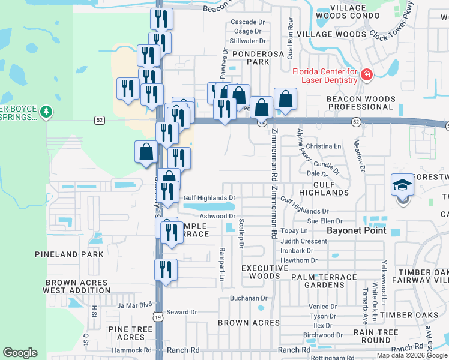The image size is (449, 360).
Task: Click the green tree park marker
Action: coord(46,112)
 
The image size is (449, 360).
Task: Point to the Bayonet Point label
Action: coord(353,230)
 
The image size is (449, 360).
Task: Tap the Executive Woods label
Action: coord(261,272)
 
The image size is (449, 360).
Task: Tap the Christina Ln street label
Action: coord(323,146)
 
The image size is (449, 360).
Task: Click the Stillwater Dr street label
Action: coord(247,41)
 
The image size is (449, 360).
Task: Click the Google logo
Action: coord(20,353)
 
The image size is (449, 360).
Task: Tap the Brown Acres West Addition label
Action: coord(76,287)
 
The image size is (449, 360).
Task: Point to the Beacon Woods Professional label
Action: coord(361,103)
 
